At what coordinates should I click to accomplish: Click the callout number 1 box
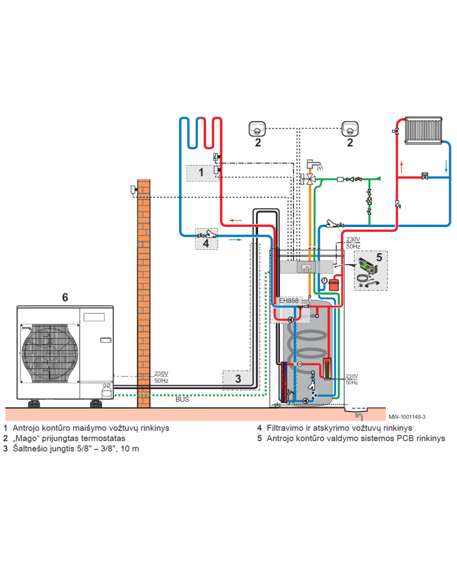(x=200, y=171)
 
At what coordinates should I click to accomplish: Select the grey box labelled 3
(x=238, y=377)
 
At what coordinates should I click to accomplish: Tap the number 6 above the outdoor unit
(x=65, y=297)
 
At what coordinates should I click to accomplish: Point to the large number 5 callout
(x=379, y=257)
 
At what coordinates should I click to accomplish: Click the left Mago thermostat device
(x=257, y=129)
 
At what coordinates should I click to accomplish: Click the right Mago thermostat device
(x=349, y=129)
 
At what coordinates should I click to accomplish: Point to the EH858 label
(x=289, y=300)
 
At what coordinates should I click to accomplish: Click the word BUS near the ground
(x=182, y=400)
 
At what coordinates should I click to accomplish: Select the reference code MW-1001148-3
(x=407, y=417)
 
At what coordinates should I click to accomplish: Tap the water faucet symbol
(x=312, y=164)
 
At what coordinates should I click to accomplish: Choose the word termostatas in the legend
(x=105, y=438)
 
